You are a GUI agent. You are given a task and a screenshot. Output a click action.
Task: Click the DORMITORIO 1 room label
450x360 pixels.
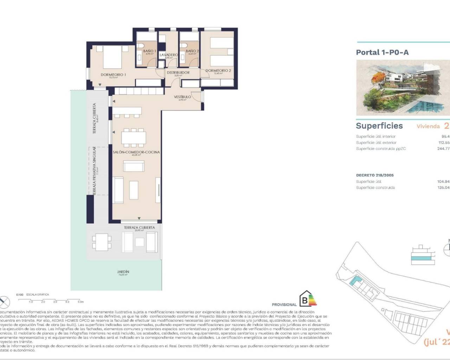point(113,75)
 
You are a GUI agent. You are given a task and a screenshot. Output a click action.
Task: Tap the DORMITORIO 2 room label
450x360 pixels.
point(218,71)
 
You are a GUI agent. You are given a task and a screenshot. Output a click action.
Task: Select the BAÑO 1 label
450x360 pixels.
point(149,51)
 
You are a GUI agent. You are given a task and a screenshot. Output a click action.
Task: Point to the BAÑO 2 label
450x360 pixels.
point(192,51)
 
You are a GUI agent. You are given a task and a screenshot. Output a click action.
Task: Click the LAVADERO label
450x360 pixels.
point(169,55)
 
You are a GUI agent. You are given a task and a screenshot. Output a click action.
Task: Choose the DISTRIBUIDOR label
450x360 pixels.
point(178,73)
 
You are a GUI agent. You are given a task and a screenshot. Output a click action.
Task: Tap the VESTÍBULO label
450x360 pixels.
point(182,97)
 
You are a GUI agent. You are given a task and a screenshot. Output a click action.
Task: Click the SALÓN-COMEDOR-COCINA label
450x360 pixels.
point(136,152)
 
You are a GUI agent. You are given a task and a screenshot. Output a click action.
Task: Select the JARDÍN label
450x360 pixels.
point(123,272)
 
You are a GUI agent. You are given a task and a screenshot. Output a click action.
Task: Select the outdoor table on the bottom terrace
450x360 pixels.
point(102,242)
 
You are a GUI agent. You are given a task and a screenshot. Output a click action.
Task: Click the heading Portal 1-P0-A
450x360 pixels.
point(382,52)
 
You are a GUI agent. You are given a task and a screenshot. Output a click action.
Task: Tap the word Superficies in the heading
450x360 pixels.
point(379,126)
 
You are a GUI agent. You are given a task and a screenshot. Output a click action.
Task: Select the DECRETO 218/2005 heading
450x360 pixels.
point(375,175)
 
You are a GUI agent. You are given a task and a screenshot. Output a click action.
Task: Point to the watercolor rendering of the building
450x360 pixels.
point(403,87)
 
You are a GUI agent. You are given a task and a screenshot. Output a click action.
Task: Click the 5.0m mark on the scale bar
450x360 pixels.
point(81,302)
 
